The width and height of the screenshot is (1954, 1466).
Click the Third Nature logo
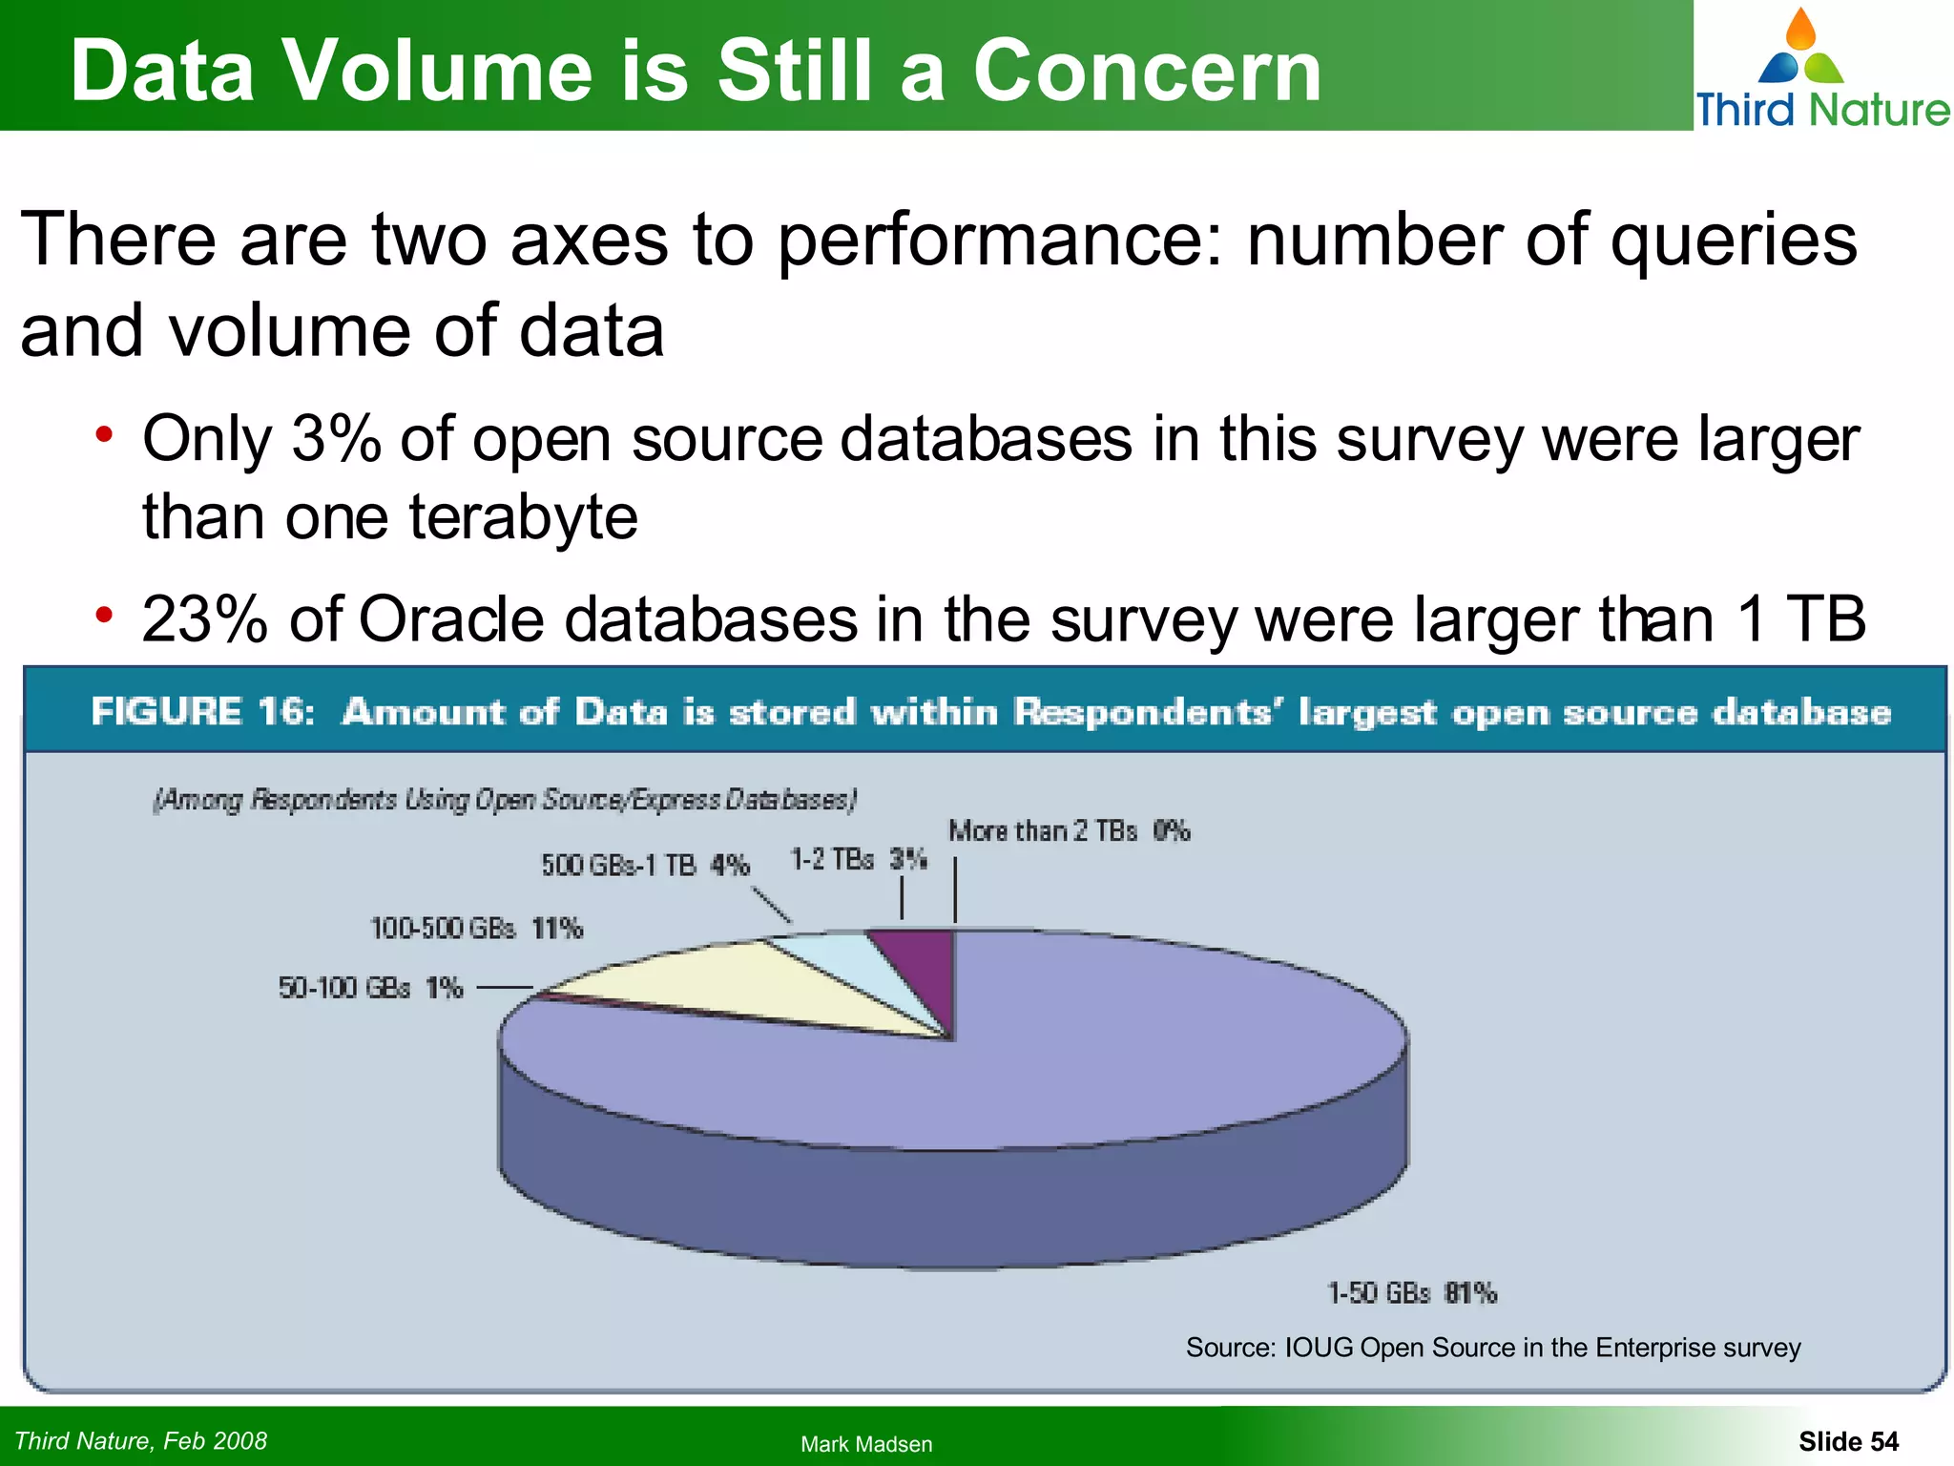point(1820,69)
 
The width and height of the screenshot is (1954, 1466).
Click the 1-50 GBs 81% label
point(1412,1293)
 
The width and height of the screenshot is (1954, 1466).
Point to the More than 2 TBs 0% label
point(1069,831)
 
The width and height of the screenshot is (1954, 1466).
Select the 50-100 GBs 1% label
point(370,988)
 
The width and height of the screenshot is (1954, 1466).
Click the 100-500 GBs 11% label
point(476,928)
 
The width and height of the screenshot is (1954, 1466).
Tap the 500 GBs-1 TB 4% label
point(645,866)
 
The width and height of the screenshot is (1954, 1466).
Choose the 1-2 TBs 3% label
point(859,860)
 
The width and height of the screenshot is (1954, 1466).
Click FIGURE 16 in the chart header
point(202,712)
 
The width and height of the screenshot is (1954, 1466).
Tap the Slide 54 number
point(1848,1441)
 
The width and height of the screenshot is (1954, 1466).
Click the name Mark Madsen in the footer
point(866,1444)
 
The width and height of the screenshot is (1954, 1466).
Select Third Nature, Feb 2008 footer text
point(141,1440)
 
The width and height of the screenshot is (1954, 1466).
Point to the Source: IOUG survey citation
point(1493,1348)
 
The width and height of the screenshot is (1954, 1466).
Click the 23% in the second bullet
point(204,620)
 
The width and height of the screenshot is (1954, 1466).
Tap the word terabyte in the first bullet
point(523,517)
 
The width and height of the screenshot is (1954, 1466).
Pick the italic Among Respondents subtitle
point(505,800)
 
